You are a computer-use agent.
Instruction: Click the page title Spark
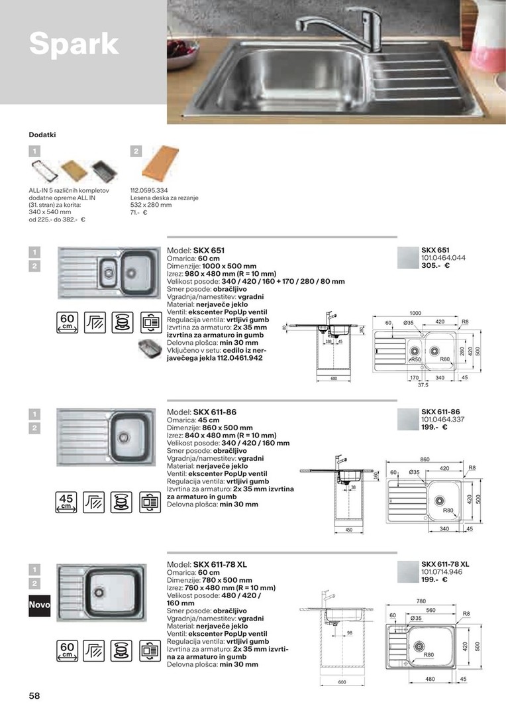(74, 44)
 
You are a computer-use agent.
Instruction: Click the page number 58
(34, 696)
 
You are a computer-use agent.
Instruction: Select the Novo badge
(39, 606)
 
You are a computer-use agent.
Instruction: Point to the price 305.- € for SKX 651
(435, 265)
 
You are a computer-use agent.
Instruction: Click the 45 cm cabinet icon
(66, 502)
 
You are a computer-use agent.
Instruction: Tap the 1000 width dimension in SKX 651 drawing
(415, 312)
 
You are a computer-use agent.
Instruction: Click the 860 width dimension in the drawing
(425, 459)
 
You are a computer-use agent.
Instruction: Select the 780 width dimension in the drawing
(421, 601)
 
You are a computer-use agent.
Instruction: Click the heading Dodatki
(42, 135)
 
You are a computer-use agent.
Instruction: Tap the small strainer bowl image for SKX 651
(148, 348)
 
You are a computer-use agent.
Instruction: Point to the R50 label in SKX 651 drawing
(416, 359)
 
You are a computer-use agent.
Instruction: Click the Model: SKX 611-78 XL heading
(207, 565)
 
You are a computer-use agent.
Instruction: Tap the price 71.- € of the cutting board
(138, 212)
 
